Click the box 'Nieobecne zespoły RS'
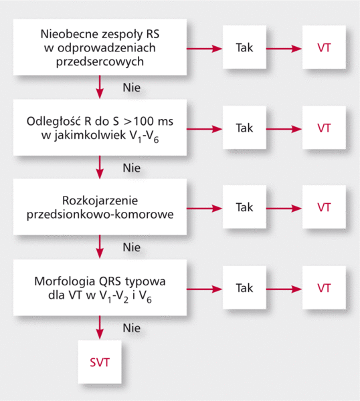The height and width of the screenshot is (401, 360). [100, 47]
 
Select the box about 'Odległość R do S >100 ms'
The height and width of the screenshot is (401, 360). [100, 128]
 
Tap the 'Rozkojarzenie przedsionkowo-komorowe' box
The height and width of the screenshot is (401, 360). [100, 207]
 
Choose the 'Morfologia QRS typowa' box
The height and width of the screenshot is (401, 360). [100, 287]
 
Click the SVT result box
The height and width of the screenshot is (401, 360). [100, 362]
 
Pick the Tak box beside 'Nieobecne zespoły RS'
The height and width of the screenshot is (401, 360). [244, 47]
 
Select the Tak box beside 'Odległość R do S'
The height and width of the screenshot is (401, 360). [244, 128]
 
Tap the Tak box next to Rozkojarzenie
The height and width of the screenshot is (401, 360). [244, 207]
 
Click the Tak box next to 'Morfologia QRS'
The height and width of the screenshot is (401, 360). [244, 287]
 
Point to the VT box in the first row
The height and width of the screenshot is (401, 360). [324, 47]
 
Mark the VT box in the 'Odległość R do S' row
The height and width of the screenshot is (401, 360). [324, 128]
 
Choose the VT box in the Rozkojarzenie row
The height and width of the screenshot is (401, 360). [324, 207]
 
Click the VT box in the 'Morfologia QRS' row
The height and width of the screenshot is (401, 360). [324, 287]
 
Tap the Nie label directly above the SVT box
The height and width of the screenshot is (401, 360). [132, 328]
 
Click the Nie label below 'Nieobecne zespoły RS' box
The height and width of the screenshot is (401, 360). [132, 88]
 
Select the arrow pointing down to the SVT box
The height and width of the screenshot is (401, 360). [100, 327]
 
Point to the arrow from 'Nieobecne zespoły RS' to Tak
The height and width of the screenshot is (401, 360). [204, 48]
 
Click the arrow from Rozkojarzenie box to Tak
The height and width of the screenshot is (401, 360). [204, 208]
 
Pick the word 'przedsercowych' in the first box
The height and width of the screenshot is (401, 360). [100, 61]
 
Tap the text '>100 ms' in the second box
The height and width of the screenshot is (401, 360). [149, 121]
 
